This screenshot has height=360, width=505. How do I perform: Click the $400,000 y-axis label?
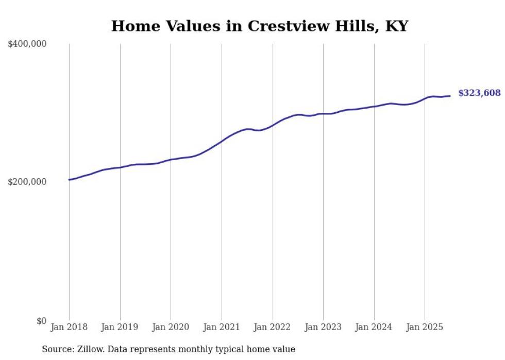(x=27, y=44)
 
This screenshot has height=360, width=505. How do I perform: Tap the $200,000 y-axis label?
(x=27, y=182)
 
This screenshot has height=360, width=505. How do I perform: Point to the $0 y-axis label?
(x=41, y=321)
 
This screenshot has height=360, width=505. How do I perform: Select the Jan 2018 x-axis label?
(x=69, y=327)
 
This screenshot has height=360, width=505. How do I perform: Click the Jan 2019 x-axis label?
(x=120, y=327)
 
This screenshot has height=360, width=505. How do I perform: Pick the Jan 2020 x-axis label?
(x=171, y=327)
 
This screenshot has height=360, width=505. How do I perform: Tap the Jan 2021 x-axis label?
(x=222, y=327)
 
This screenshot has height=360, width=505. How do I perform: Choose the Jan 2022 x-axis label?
(x=272, y=327)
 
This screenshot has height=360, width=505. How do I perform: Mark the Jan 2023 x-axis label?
(x=323, y=327)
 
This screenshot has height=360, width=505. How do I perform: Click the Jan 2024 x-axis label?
(x=374, y=327)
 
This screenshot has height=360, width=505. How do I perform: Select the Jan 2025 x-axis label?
(x=425, y=327)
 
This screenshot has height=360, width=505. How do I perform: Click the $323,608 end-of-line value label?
(x=479, y=93)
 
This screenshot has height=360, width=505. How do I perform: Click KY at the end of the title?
(x=398, y=26)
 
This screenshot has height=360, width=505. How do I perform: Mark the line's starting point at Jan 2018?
(x=69, y=180)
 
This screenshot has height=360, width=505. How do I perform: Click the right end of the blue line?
(x=450, y=96)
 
